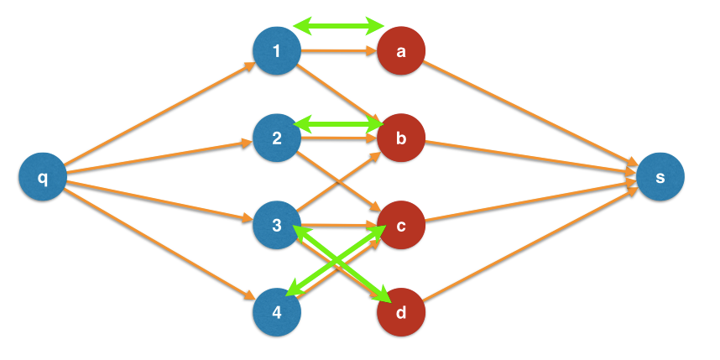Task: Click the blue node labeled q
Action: (42, 178)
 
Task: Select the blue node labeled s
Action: (660, 177)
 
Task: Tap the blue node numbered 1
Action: (277, 52)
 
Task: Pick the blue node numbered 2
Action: (277, 138)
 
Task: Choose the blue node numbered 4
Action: (277, 311)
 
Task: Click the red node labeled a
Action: (401, 52)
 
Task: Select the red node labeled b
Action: (401, 138)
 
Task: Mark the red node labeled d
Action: (401, 312)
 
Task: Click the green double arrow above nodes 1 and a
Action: (339, 27)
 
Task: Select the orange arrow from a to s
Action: (529, 113)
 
